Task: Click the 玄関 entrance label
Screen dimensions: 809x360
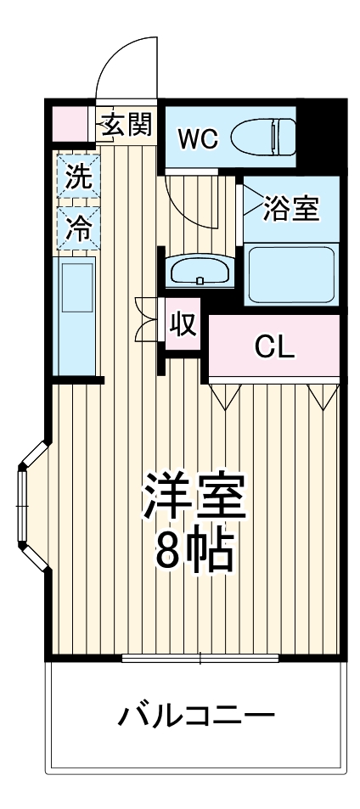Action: coord(127,126)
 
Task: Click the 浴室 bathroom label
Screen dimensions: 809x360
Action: coord(291,209)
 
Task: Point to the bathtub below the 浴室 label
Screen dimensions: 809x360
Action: coord(291,274)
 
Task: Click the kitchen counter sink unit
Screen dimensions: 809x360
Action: coord(75,314)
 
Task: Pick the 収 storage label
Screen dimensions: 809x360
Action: coord(182,325)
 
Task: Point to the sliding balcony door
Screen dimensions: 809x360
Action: coord(200,658)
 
